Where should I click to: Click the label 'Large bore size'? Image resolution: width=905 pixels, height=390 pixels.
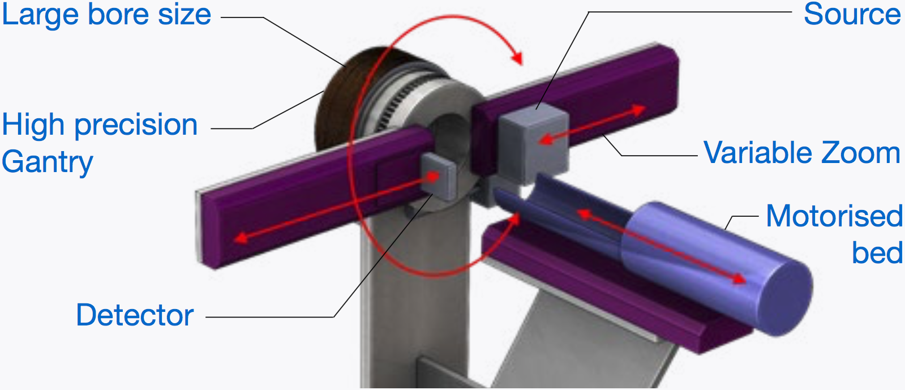pos(106,15)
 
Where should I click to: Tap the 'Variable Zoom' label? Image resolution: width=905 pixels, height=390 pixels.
pos(803,153)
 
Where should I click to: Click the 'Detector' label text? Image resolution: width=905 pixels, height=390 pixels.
pos(135,315)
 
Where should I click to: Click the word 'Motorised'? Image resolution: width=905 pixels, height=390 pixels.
pos(835,216)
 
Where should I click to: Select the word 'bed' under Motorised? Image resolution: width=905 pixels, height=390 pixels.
pos(877,252)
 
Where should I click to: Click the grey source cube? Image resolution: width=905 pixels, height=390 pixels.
pos(533,143)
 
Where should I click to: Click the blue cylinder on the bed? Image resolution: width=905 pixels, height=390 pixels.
pos(715,267)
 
